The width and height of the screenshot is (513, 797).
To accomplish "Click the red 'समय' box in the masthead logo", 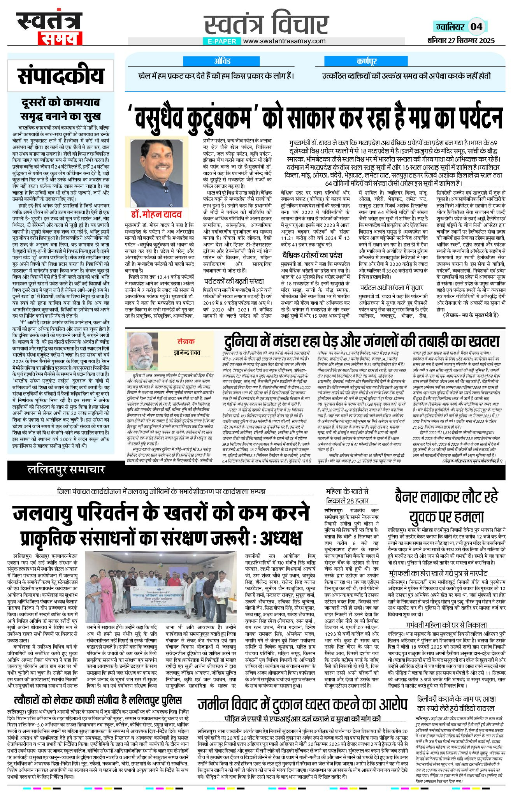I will coord(60,38).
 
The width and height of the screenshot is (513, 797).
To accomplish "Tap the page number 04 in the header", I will coord(476,27).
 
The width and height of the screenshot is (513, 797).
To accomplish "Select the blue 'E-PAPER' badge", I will coord(222,41).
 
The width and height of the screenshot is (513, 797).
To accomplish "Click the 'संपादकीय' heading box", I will coord(61,76).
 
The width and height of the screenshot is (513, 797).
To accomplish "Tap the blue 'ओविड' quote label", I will coord(222,61).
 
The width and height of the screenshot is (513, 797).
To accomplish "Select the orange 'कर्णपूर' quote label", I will coord(366,61).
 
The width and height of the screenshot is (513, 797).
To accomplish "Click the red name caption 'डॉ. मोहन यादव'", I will coord(156,214).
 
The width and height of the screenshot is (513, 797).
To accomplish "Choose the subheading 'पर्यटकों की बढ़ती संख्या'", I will coord(234,281).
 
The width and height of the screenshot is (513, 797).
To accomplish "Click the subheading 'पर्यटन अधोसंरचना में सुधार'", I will coord(391,288).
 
